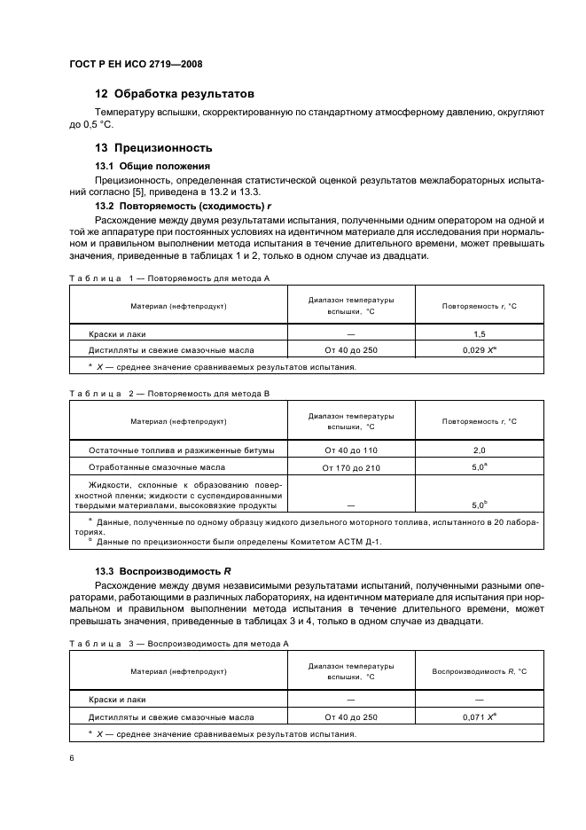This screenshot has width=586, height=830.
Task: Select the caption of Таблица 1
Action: [168, 278]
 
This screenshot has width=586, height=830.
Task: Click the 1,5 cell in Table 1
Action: [479, 333]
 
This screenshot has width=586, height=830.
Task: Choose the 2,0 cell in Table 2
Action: [479, 450]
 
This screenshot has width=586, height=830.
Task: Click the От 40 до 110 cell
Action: [350, 450]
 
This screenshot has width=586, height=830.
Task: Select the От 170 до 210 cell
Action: [350, 467]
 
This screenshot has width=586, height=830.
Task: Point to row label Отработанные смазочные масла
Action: [156, 466]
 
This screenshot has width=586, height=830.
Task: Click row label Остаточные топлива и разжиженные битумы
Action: [187, 450]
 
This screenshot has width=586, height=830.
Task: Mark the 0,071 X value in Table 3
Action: [479, 716]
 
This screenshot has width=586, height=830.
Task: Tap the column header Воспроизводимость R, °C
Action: [479, 671]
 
